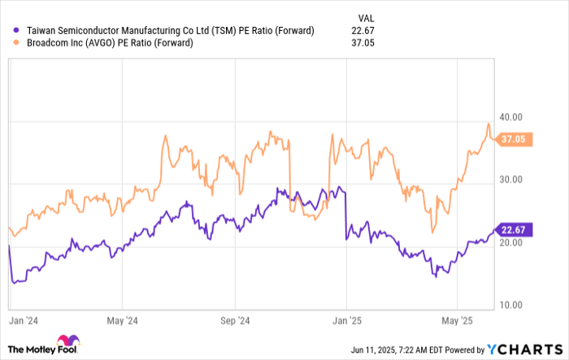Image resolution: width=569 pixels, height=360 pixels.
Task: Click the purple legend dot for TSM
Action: click(18, 31)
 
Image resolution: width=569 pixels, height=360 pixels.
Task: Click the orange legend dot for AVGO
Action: click(18, 43)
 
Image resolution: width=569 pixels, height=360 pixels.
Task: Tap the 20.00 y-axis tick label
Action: click(511, 242)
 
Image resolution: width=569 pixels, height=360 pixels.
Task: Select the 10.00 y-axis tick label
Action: click(511, 305)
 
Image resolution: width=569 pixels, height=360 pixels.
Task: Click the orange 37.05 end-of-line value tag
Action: click(514, 139)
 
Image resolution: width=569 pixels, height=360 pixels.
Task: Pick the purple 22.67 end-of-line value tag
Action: click(514, 230)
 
